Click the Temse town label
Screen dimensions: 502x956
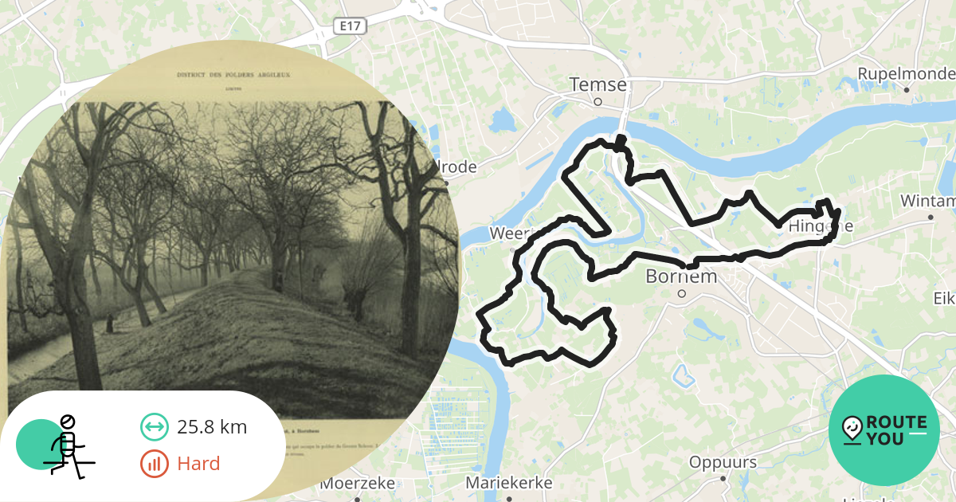click(598, 84)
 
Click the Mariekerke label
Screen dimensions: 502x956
click(508, 483)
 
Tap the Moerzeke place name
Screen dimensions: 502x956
click(358, 483)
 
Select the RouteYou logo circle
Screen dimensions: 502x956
click(884, 430)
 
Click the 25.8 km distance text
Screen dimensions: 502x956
click(212, 427)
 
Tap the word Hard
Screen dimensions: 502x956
click(198, 464)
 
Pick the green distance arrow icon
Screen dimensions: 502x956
click(155, 427)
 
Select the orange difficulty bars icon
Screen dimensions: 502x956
click(155, 464)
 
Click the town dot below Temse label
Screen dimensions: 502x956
click(597, 101)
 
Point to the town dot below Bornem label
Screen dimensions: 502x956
click(682, 293)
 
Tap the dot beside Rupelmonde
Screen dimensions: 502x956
click(907, 89)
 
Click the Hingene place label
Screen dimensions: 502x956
click(821, 227)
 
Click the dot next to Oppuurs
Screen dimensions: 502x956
click(723, 479)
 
